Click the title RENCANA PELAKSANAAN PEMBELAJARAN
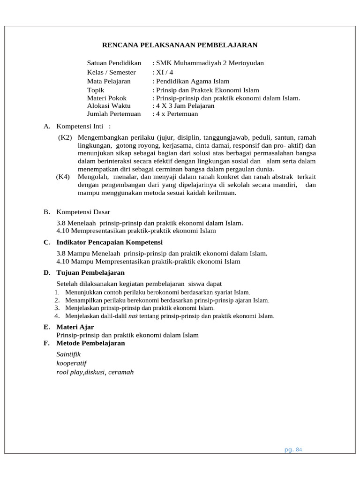click(x=180, y=45)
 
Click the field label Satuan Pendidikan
click(x=114, y=63)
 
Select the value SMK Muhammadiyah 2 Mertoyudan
click(x=209, y=63)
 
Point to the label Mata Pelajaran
click(x=109, y=81)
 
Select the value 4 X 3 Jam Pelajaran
click(x=184, y=106)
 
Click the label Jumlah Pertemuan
click(x=114, y=114)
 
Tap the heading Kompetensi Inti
click(x=82, y=126)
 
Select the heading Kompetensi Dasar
click(x=83, y=212)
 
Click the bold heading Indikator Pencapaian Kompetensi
click(x=109, y=242)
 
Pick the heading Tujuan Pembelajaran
click(x=90, y=272)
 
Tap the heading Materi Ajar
click(x=75, y=327)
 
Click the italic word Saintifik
click(x=68, y=354)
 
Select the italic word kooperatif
click(x=71, y=363)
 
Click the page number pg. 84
click(x=293, y=450)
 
